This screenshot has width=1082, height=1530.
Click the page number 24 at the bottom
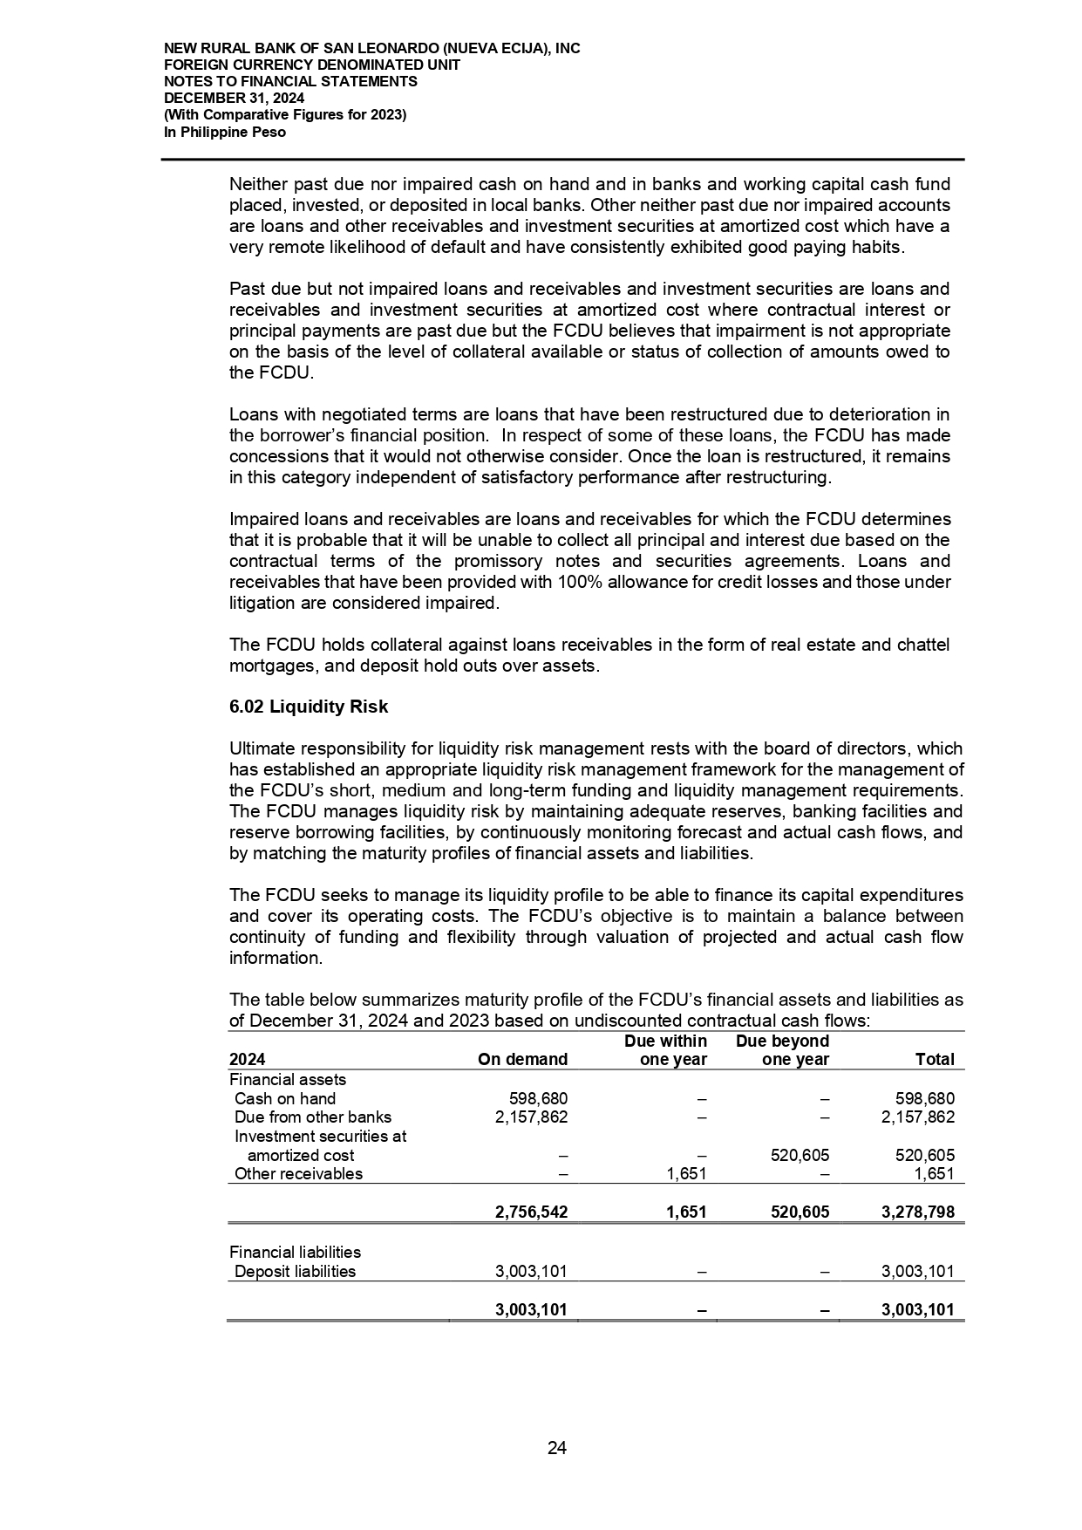point(557,1448)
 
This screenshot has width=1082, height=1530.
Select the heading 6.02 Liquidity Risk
point(309,707)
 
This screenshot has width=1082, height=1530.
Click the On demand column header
point(523,1060)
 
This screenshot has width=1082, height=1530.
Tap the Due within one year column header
point(666,1050)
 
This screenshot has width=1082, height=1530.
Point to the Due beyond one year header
point(783,1050)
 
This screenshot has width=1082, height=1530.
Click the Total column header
point(935,1060)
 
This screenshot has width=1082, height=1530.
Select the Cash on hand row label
point(285,1099)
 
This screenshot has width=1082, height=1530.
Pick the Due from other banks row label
point(313,1117)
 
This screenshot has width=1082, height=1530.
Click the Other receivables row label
point(298,1174)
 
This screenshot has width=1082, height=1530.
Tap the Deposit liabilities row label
point(295,1272)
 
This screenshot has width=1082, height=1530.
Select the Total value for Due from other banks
point(918,1117)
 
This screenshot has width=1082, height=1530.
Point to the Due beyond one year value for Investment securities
point(800,1156)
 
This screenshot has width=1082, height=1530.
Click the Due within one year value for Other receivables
point(685,1174)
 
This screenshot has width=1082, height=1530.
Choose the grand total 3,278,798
point(918,1212)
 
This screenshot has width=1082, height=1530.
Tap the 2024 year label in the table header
point(247,1060)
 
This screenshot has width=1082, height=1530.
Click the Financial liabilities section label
point(295,1253)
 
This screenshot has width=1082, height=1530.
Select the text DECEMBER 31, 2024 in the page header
point(235,99)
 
